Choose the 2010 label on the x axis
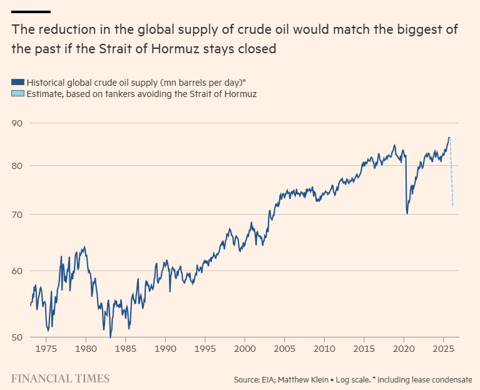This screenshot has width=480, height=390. click(324, 348)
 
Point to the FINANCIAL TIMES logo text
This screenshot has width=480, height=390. click(60, 379)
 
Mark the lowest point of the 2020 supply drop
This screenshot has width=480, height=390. click(407, 214)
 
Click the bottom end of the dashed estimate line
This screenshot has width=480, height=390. click(452, 207)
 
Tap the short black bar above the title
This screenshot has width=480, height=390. click(31, 11)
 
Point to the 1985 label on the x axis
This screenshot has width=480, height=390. click(126, 348)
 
